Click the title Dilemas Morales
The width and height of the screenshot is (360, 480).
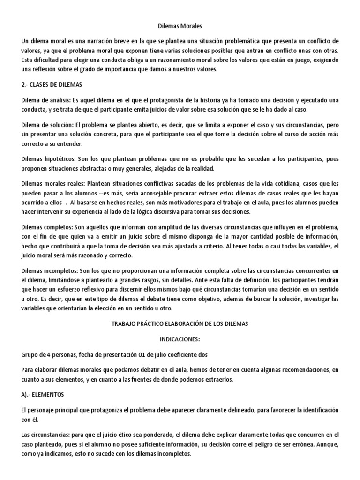(x=180, y=28)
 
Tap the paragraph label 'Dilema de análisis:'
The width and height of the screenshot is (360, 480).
(x=47, y=101)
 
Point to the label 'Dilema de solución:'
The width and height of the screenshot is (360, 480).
(x=47, y=125)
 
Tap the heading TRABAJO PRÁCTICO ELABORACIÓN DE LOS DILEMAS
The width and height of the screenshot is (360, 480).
(x=180, y=323)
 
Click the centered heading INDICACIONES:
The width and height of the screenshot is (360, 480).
(x=180, y=339)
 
